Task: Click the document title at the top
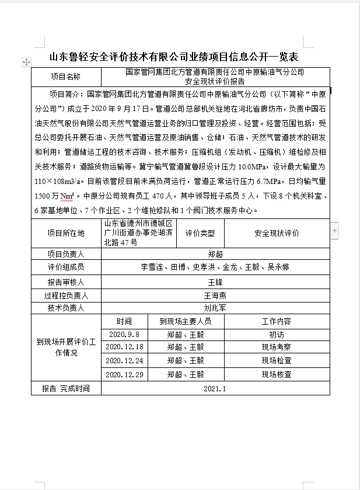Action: pyautogui.click(x=173, y=57)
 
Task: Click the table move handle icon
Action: pyautogui.click(x=26, y=61)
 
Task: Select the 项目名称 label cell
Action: pyautogui.click(x=66, y=77)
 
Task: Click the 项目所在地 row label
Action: pyautogui.click(x=66, y=233)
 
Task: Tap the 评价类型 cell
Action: pyautogui.click(x=200, y=233)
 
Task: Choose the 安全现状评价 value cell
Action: pyautogui.click(x=277, y=233)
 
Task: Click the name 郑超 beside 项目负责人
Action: pyautogui.click(x=215, y=254)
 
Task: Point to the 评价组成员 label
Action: pyautogui.click(x=66, y=267)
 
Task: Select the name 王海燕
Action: pyautogui.click(x=215, y=295)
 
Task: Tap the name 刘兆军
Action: pyautogui.click(x=215, y=308)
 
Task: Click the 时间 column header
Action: pyautogui.click(x=124, y=321)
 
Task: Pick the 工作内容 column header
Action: pyautogui.click(x=277, y=321)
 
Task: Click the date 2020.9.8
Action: pyautogui.click(x=124, y=335)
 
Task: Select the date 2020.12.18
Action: pyautogui.click(x=124, y=347)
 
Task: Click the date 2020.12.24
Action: pyautogui.click(x=124, y=361)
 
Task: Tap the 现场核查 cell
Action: pyautogui.click(x=277, y=374)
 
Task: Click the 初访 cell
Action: pyautogui.click(x=277, y=335)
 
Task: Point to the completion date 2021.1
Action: pyautogui.click(x=215, y=388)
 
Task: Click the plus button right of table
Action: pyautogui.click(x=335, y=231)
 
